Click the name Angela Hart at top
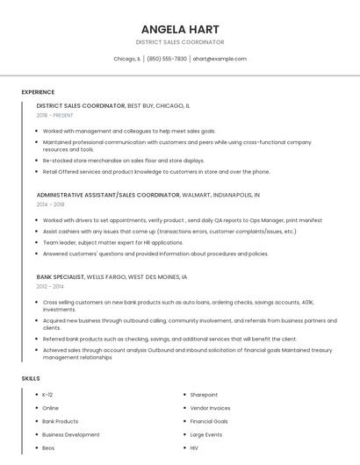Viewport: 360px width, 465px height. pos(180,29)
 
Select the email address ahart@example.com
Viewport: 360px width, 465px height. pos(220,59)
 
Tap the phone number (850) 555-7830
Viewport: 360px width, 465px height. pos(167,59)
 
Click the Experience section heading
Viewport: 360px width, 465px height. pos(38,92)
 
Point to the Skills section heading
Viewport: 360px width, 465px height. pos(31,378)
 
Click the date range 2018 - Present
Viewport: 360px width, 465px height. pos(54,115)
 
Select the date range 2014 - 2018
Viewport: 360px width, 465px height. pos(50,204)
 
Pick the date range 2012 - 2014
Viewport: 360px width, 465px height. pos(50,286)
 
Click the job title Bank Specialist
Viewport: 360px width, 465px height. pos(61,276)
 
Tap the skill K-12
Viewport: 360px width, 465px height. pos(47,395)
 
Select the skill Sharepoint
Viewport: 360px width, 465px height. pos(204,395)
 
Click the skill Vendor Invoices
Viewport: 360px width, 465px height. pos(210,408)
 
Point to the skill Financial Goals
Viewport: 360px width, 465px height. pos(209,421)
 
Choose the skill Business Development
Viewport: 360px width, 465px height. pos(70,434)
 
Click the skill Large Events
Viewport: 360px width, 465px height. pos(206,434)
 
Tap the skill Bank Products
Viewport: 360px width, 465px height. pos(60,421)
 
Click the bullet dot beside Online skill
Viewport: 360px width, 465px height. pos(36,408)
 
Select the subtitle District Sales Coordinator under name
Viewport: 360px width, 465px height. pos(180,42)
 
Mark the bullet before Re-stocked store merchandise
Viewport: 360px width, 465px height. pos(37,161)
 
